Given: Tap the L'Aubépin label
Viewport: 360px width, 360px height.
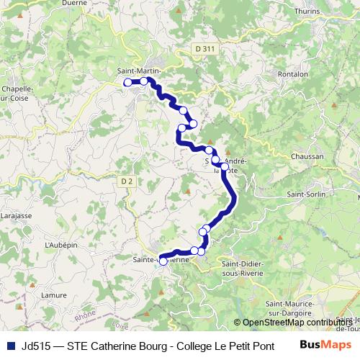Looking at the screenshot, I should pyautogui.click(x=60, y=246).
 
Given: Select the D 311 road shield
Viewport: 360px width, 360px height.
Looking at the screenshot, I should pyautogui.click(x=204, y=49).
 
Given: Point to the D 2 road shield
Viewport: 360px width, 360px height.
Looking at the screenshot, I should pyautogui.click(x=127, y=181).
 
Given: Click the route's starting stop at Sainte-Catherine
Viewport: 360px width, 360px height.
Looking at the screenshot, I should pyautogui.click(x=163, y=261).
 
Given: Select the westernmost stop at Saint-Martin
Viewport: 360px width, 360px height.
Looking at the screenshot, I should pyautogui.click(x=128, y=83).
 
